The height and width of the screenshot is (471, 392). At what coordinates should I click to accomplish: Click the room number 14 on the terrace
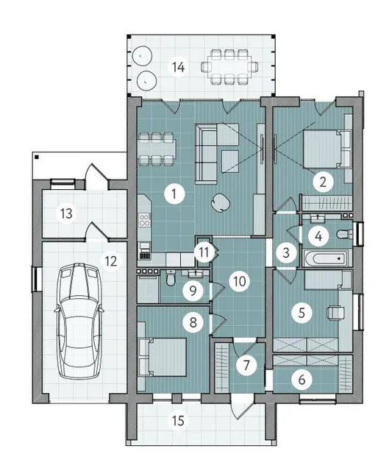[x=179, y=67]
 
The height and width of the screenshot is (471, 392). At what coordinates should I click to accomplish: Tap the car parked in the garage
[x=79, y=320]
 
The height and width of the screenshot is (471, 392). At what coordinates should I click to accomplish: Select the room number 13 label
[x=66, y=213]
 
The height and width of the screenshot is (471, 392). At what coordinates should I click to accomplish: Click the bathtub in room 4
[x=326, y=258]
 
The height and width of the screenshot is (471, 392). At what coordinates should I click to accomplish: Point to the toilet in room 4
[x=345, y=234]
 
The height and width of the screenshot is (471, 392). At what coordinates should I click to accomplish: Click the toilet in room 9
[x=171, y=278]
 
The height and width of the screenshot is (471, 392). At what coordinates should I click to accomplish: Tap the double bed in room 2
[x=327, y=149]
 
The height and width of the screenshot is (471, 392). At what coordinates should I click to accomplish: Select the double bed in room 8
[x=163, y=357]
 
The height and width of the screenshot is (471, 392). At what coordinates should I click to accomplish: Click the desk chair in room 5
[x=335, y=312]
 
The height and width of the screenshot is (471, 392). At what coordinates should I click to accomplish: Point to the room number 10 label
[x=239, y=281]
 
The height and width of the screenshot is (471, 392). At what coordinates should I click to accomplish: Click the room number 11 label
[x=204, y=252]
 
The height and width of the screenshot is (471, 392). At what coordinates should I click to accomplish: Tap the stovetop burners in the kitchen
[x=144, y=219]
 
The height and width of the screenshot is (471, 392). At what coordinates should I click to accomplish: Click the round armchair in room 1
[x=221, y=202]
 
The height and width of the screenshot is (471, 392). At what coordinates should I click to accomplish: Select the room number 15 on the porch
[x=178, y=420]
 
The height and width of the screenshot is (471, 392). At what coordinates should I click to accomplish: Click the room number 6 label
[x=302, y=380]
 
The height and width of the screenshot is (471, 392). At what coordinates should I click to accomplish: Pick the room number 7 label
[x=246, y=365]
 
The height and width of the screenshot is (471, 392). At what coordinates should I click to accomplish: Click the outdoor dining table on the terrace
[x=229, y=66]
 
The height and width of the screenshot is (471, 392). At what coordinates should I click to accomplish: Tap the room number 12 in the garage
[x=111, y=261]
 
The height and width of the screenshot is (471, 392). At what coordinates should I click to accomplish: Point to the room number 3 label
[x=286, y=252]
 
